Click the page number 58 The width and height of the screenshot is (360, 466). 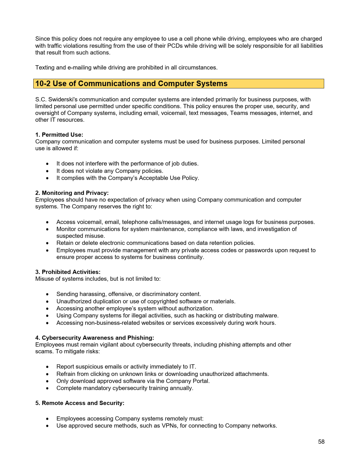click(321, 442)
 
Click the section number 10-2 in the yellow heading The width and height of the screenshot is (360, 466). click(43, 84)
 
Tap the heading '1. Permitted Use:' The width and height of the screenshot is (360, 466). click(59, 135)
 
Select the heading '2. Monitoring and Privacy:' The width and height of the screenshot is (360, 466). click(72, 193)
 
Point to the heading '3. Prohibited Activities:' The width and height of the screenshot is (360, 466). click(68, 272)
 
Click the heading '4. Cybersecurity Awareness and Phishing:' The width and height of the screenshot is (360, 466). click(95, 338)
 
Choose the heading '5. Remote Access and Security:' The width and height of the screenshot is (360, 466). click(80, 403)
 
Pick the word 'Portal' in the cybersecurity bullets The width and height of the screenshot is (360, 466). click(200, 381)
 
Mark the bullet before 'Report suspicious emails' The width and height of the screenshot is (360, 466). click(47, 367)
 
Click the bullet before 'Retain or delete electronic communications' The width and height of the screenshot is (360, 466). click(47, 243)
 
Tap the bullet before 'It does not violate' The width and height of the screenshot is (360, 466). click(47, 171)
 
